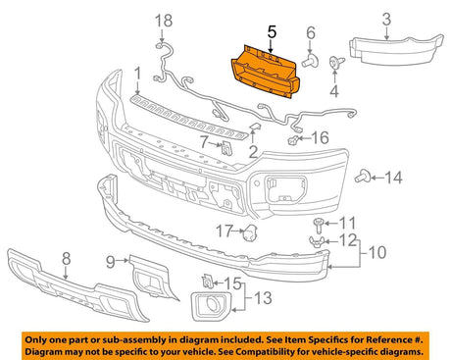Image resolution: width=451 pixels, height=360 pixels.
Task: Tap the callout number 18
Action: tap(163, 21)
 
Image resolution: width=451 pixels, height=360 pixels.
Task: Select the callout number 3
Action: tap(385, 19)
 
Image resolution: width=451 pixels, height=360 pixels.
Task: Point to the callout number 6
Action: tap(310, 32)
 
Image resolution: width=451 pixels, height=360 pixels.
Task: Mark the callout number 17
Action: tap(223, 231)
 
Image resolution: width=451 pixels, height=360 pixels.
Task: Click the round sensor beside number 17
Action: tap(248, 232)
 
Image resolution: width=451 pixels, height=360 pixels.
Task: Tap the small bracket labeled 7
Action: tap(225, 147)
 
